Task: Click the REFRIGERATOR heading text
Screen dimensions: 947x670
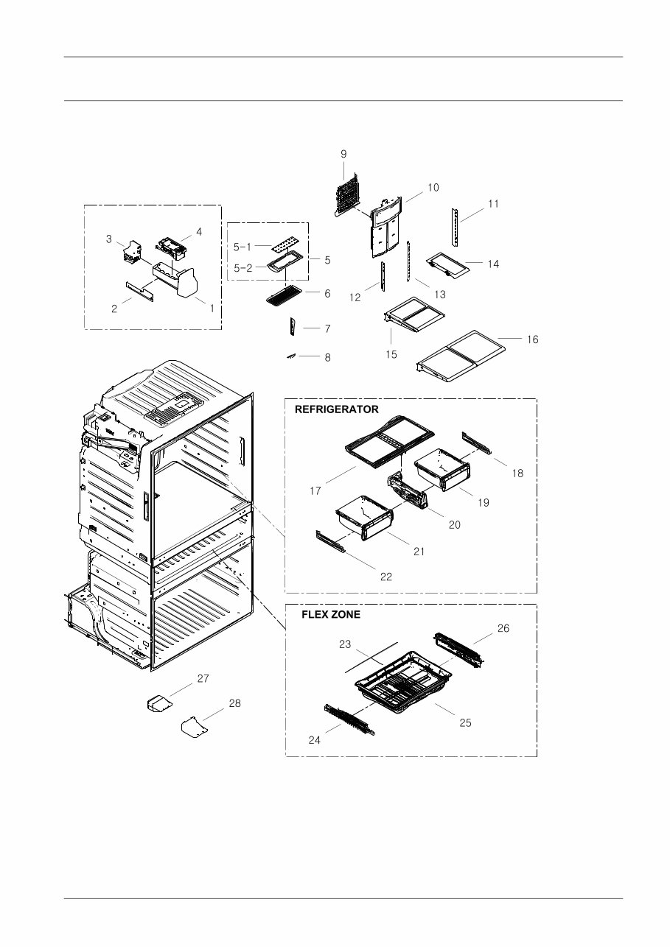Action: [x=336, y=409]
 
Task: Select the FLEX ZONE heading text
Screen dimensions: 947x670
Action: [x=331, y=615]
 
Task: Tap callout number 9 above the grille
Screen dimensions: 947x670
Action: [x=343, y=154]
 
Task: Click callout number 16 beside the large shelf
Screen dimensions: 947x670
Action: [x=532, y=339]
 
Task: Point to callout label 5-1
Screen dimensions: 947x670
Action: [x=242, y=247]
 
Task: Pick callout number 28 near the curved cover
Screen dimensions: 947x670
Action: [x=234, y=703]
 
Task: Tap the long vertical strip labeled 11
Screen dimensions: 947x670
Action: [x=456, y=228]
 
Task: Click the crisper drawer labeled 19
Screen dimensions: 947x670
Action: [x=442, y=469]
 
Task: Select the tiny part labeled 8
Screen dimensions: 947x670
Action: [x=292, y=356]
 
